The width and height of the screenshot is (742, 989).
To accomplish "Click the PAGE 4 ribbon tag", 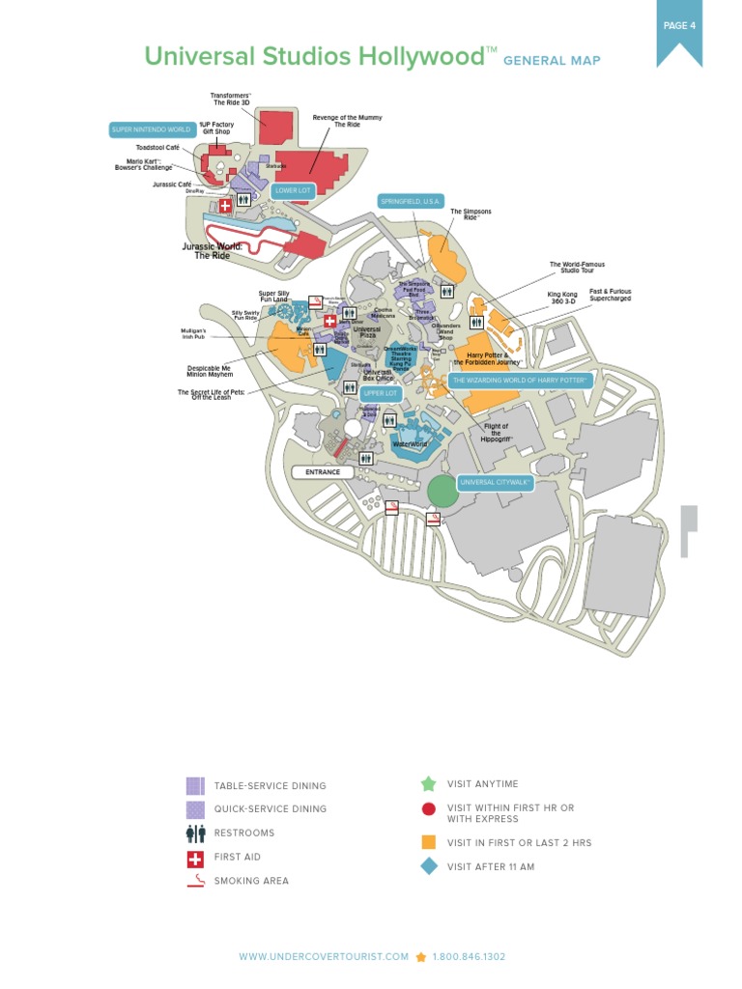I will coord(679,28).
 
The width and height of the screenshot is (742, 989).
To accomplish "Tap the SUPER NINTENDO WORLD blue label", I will coord(151,128).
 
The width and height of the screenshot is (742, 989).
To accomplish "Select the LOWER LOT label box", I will coord(293,190).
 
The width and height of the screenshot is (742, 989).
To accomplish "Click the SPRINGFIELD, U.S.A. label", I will coord(412,201).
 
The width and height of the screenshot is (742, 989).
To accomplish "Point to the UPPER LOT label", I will coord(380,393).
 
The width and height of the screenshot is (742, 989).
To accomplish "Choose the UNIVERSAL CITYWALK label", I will coord(496,482).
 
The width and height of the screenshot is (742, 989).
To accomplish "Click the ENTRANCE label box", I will coord(323,472).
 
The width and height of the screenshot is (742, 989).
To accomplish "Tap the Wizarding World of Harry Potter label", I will coord(520,381).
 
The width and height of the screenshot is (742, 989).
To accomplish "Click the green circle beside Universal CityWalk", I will coord(442,491).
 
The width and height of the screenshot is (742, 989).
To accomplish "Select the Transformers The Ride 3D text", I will coord(231,99).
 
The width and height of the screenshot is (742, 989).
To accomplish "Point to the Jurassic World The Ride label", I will coord(213,251).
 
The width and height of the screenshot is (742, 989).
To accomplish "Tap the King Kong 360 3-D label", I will coord(561,297).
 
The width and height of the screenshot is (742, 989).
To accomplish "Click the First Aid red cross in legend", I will coord(195,858).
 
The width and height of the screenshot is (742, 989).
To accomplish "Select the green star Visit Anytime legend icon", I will coord(429,784).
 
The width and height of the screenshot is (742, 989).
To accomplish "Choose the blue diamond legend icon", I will coord(429,866).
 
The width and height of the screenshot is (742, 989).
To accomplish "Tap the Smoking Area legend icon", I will coord(195,881).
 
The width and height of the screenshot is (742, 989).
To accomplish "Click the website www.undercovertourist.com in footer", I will coord(324,957).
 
